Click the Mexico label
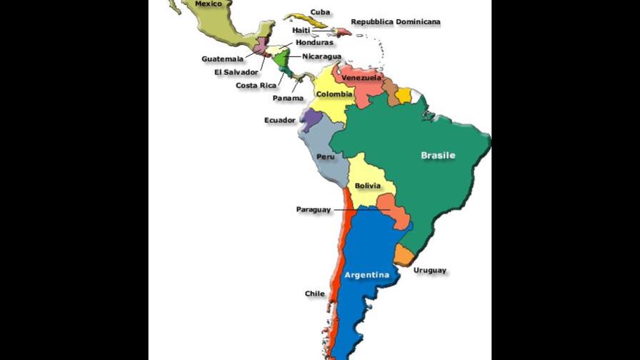click(209, 4)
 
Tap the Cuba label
click(320, 12)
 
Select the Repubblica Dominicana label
click(395, 22)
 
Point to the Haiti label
click(301, 30)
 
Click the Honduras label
click(314, 42)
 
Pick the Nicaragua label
click(321, 56)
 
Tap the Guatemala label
click(222, 59)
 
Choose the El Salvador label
click(236, 71)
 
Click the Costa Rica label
click(256, 85)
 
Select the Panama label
click(288, 98)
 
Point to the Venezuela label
click(361, 77)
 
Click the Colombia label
click(334, 94)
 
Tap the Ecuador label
click(279, 120)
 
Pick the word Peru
click(326, 156)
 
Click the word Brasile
click(438, 155)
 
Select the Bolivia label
click(367, 186)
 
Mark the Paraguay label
click(314, 209)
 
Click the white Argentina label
click(366, 275)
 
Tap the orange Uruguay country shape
click(404, 254)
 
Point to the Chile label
click(314, 294)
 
